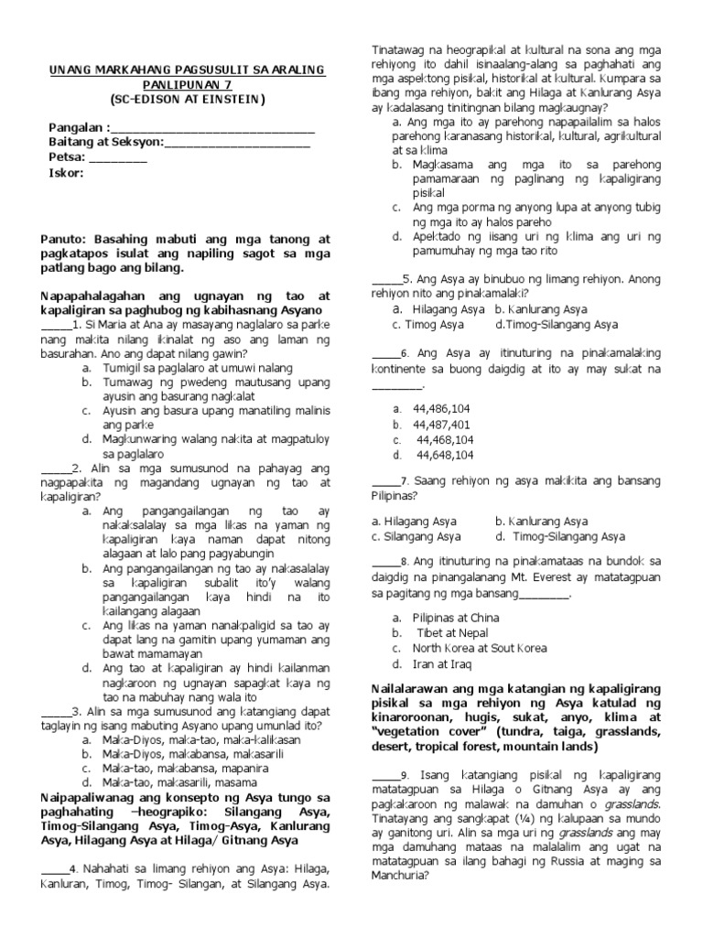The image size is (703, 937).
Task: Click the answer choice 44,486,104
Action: [x=442, y=408]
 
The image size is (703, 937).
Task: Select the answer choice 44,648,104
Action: [x=445, y=455]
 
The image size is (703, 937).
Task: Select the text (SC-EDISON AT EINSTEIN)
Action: [x=186, y=99]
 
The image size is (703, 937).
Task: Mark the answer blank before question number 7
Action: [x=384, y=480]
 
